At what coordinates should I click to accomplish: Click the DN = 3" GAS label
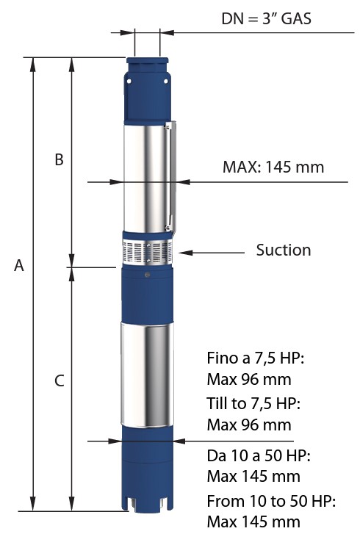pyautogui.click(x=266, y=19)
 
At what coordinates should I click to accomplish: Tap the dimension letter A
pyautogui.click(x=19, y=265)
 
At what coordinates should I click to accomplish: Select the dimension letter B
pyautogui.click(x=59, y=159)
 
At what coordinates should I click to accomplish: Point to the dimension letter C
pyautogui.click(x=60, y=380)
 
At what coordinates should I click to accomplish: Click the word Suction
pyautogui.click(x=284, y=250)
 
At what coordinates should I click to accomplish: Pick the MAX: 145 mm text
pyautogui.click(x=273, y=167)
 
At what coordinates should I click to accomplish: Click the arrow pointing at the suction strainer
pyautogui.click(x=212, y=253)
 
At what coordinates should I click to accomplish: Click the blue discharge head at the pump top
pyautogui.click(x=148, y=90)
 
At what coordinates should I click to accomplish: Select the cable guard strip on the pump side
pyautogui.click(x=170, y=176)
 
